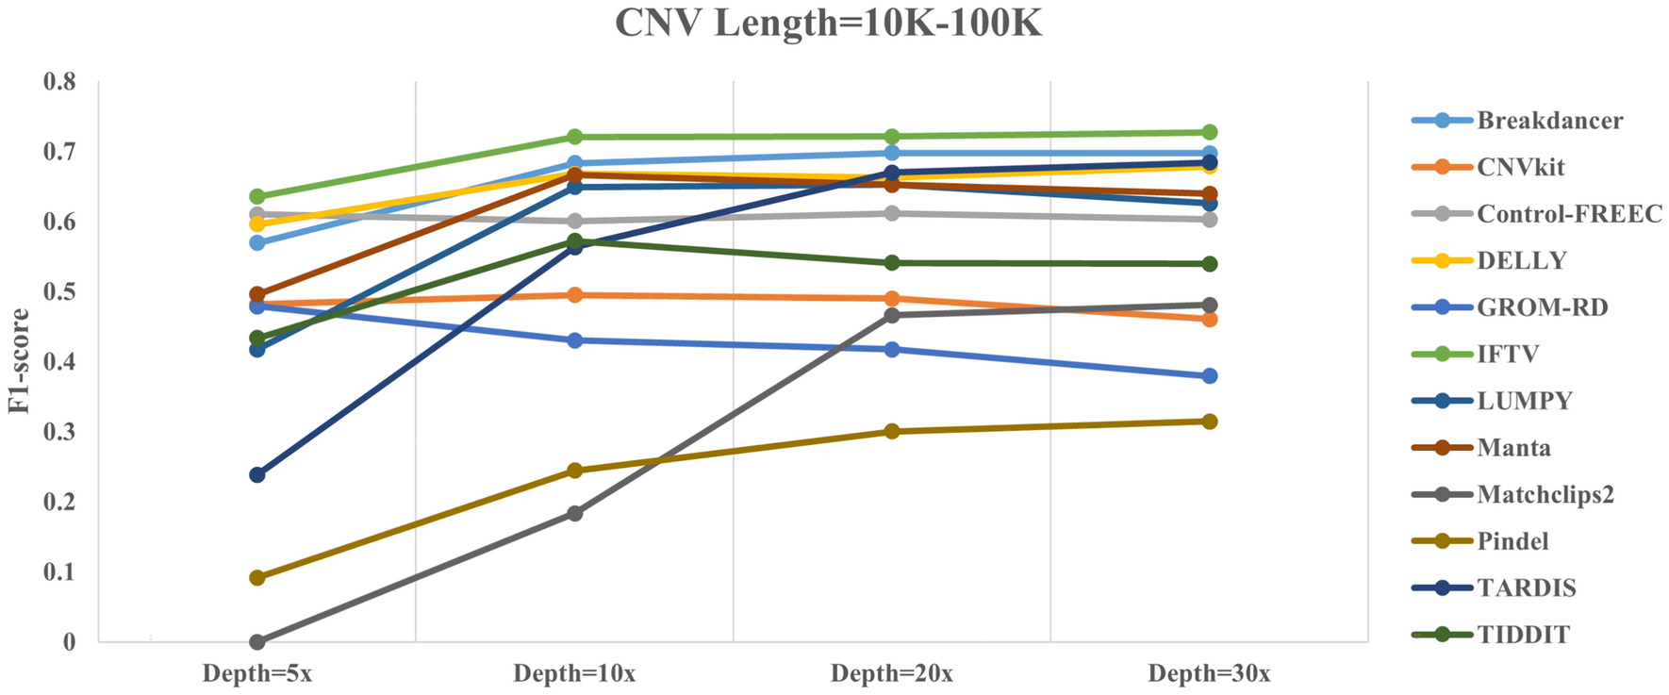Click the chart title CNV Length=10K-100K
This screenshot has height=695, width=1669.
(828, 24)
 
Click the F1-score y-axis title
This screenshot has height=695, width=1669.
(20, 361)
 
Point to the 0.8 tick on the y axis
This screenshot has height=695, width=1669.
(59, 82)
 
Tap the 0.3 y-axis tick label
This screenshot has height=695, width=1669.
(59, 432)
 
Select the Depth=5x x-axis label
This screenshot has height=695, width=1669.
(256, 673)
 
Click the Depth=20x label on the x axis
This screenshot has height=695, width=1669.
(891, 673)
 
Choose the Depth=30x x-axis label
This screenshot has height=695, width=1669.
(1209, 673)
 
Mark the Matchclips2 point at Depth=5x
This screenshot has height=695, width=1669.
(256, 642)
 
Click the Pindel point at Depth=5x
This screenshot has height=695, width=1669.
(256, 577)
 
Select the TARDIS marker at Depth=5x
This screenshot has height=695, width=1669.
(256, 474)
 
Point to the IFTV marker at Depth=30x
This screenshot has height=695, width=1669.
(1209, 132)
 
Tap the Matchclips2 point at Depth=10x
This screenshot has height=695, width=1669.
(574, 513)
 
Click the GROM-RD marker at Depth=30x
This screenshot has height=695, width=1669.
(1209, 376)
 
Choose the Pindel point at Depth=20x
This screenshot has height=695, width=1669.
(891, 432)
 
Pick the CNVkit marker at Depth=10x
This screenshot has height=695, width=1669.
(574, 295)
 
